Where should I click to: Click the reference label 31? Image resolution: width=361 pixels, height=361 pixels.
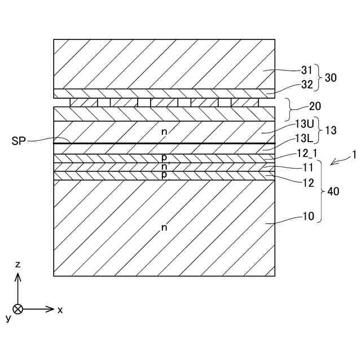tap(306, 71)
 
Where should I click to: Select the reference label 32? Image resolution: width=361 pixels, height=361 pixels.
tap(306, 85)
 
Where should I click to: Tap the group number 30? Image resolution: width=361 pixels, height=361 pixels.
tap(331, 78)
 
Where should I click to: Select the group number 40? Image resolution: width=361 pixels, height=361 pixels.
tap(333, 191)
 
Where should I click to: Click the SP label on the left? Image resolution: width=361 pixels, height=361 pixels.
tap(19, 140)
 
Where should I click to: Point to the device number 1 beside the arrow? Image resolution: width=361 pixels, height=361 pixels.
tap(354, 153)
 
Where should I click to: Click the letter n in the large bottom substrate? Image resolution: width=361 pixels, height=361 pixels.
tap(164, 227)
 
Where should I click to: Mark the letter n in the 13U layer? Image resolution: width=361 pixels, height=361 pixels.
tap(164, 131)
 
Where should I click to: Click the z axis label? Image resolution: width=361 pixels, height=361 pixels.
tap(18, 264)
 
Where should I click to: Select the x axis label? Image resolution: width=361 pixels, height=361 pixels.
tap(60, 310)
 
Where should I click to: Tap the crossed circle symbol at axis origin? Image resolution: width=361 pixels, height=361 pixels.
tap(18, 309)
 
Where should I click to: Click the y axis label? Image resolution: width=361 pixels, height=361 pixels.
tap(8, 318)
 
